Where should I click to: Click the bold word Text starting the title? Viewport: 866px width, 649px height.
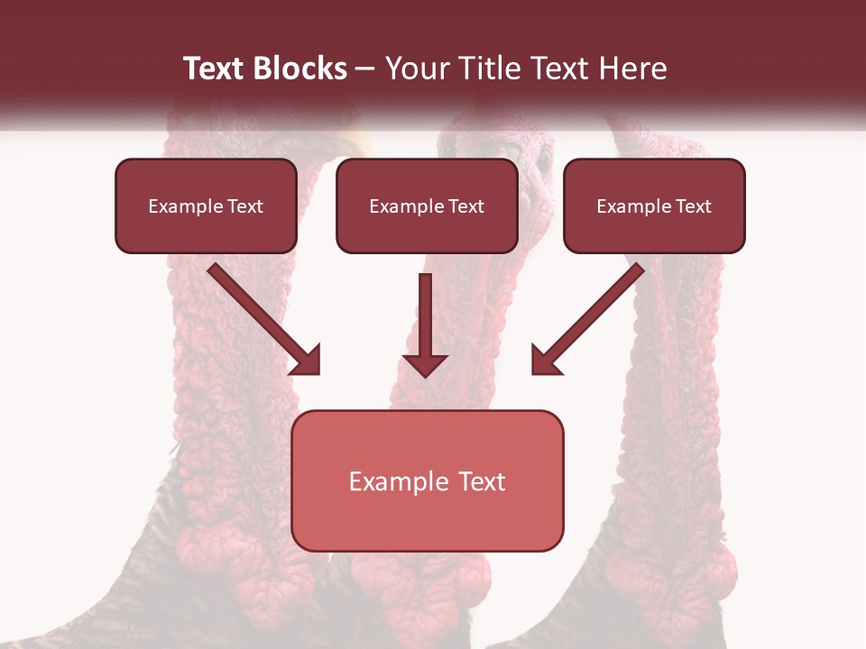pos(217,69)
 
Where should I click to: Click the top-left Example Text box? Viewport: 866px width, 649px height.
pos(206,206)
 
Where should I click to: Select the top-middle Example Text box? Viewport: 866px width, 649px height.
pos(427,206)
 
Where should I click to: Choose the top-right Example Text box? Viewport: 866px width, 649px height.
pos(654,206)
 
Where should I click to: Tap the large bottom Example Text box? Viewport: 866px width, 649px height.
pos(427,481)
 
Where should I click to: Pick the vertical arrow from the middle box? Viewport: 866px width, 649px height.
pos(426,324)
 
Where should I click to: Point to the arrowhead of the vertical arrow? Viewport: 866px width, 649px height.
pos(426,365)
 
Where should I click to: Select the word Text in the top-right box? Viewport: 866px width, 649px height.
pos(693,206)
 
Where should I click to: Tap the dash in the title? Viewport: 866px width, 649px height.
pos(366,69)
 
